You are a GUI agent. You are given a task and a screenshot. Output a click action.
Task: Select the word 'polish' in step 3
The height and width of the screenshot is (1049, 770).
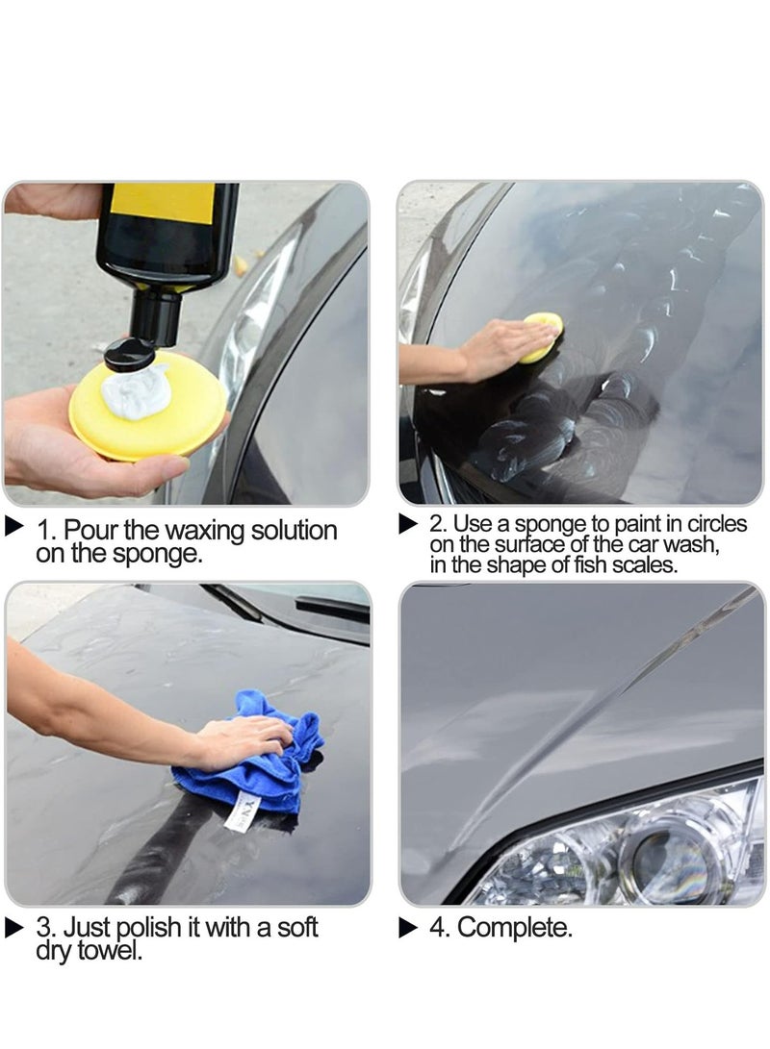point(150,929)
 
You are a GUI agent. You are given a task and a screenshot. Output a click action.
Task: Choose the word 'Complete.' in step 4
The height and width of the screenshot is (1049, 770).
point(514,929)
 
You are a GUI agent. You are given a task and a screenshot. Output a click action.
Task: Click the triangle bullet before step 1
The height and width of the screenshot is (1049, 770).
point(14,526)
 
